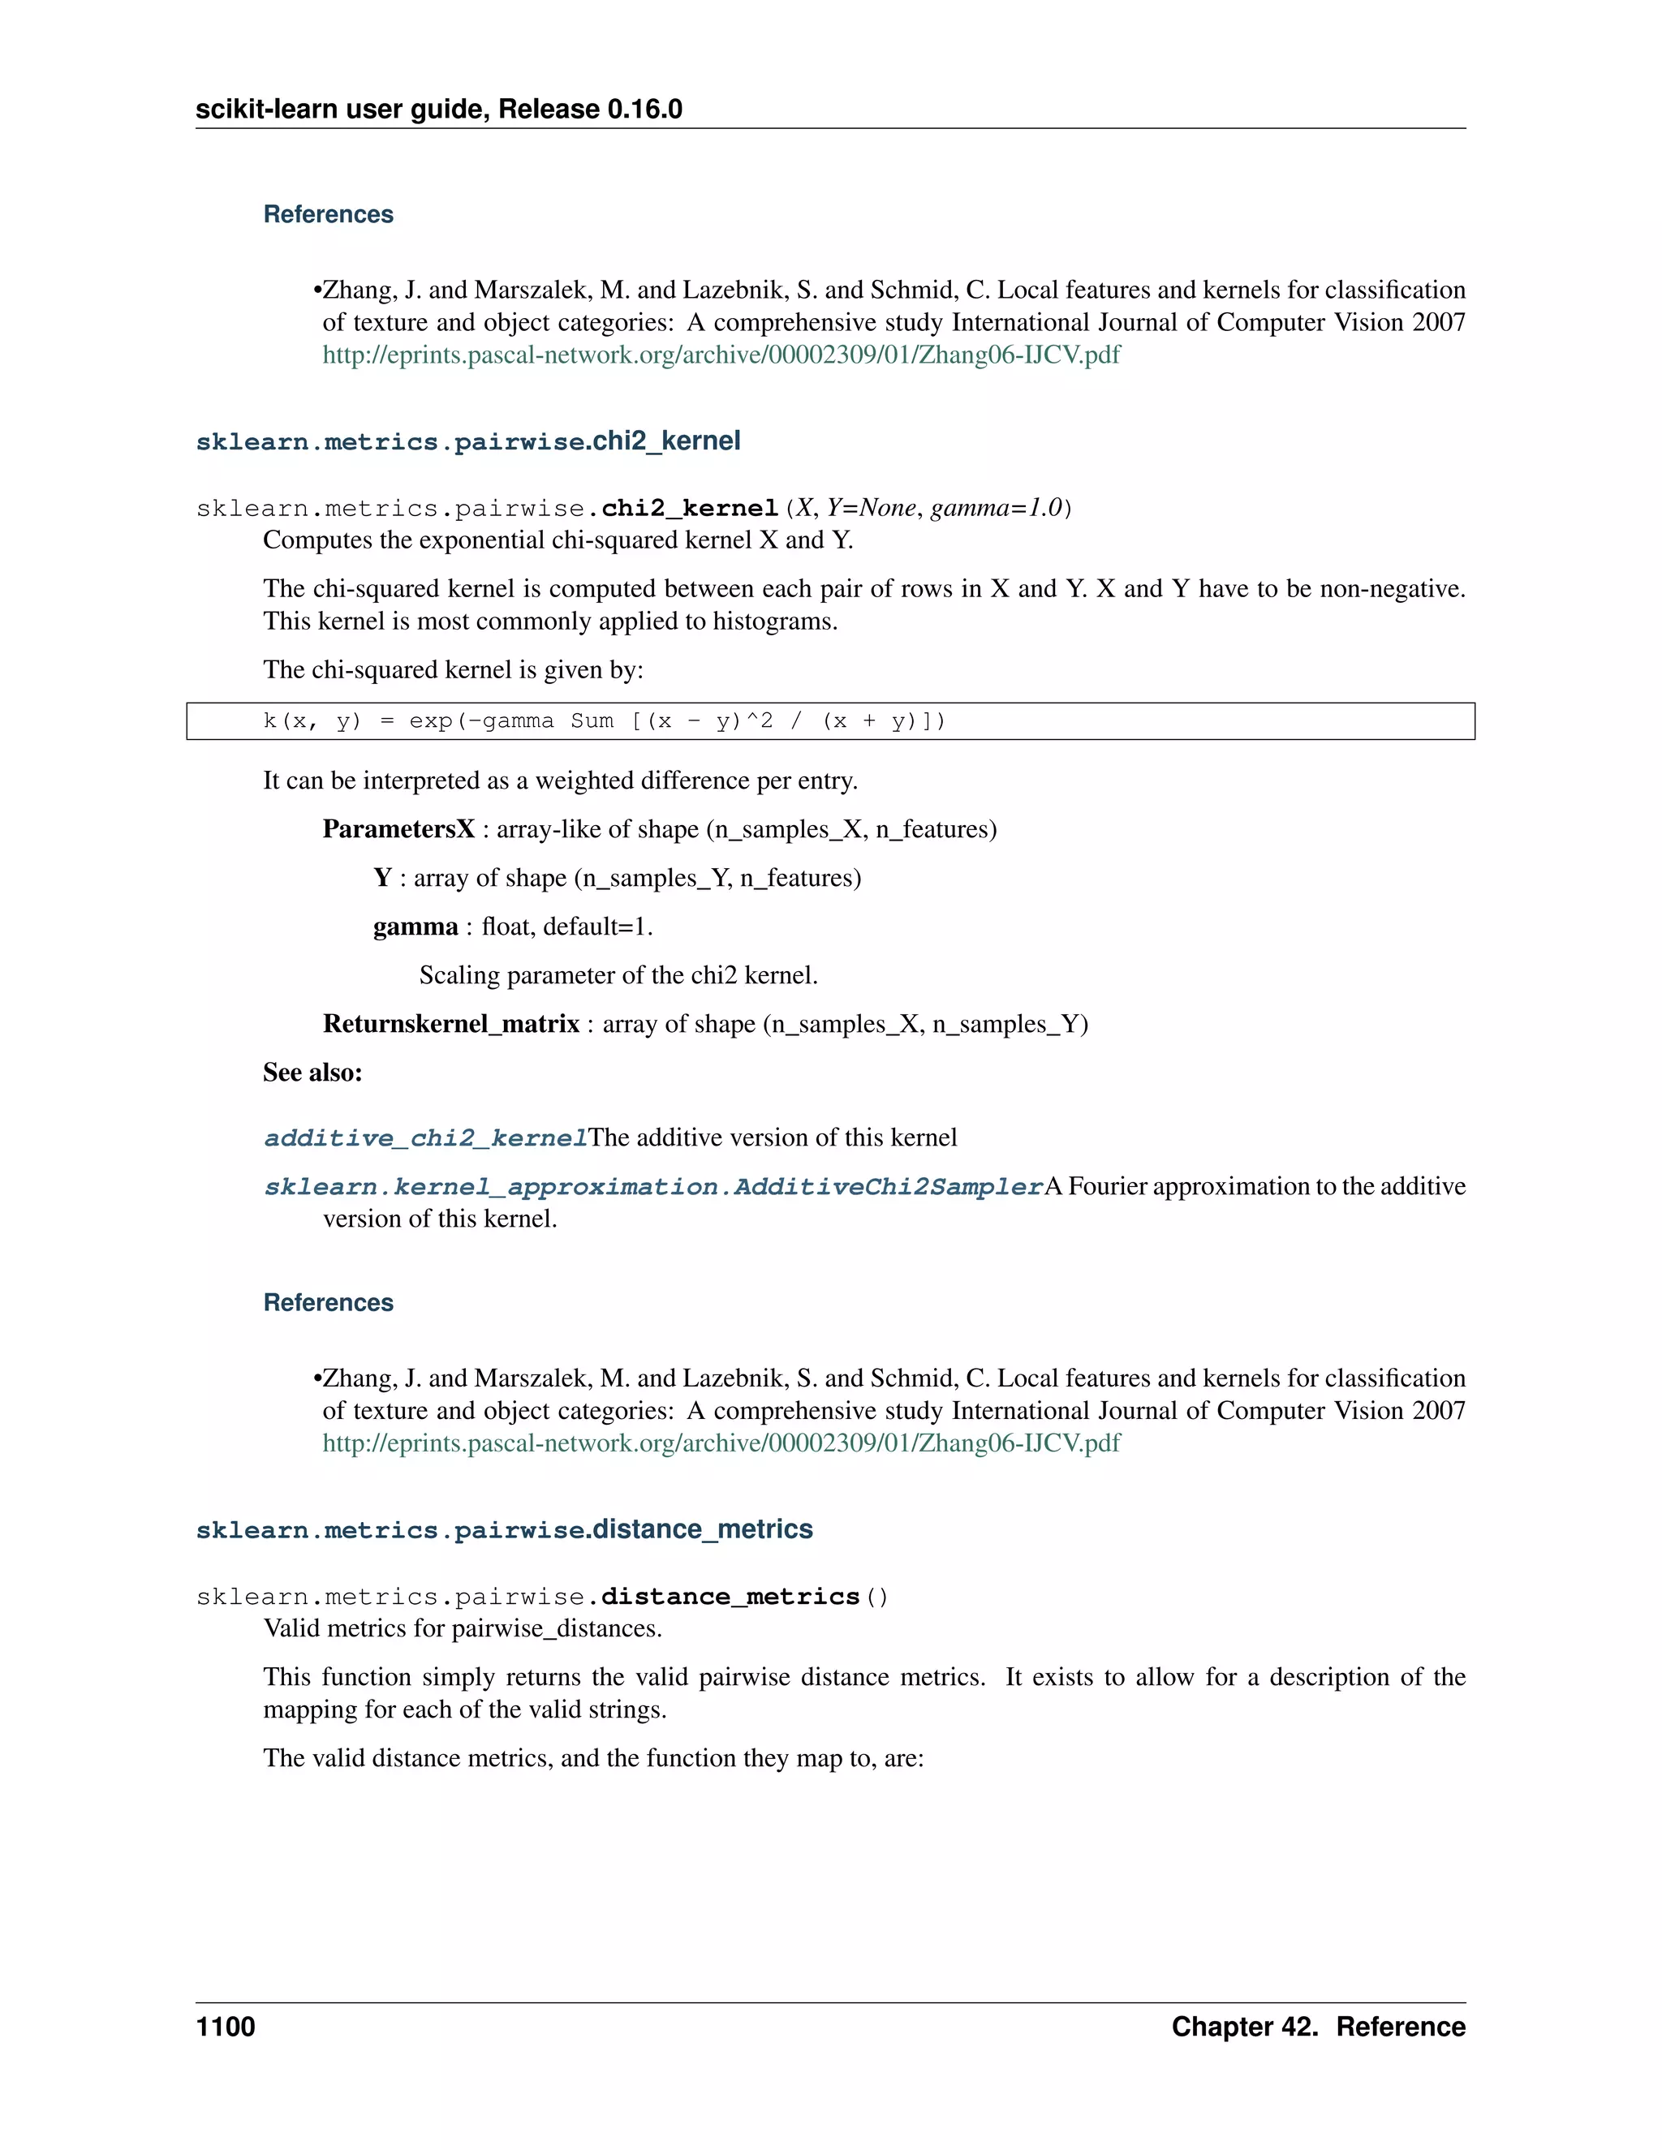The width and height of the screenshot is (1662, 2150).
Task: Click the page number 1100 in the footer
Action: pyautogui.click(x=226, y=2026)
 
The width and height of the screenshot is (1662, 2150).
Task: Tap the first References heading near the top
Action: pyautogui.click(x=328, y=215)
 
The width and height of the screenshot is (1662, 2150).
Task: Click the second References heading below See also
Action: pyautogui.click(x=328, y=1302)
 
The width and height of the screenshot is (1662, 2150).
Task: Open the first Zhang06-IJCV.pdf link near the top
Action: pyautogui.click(x=721, y=355)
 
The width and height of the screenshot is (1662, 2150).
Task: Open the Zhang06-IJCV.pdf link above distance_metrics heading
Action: pyautogui.click(x=721, y=1443)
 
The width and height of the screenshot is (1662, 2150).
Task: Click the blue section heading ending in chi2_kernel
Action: pyautogui.click(x=467, y=441)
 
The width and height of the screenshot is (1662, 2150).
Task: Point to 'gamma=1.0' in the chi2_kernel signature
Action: pyautogui.click(x=997, y=508)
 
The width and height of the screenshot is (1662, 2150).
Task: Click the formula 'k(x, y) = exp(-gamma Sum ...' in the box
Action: pyautogui.click(x=604, y=720)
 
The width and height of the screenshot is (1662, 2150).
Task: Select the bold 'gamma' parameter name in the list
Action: pyautogui.click(x=415, y=927)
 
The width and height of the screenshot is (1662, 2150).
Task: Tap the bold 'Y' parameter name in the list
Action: pyautogui.click(x=383, y=878)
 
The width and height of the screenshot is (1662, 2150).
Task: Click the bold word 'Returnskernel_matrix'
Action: pyautogui.click(x=451, y=1024)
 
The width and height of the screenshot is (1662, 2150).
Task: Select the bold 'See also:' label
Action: pyautogui.click(x=312, y=1073)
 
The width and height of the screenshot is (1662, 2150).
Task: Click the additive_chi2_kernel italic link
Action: pyautogui.click(x=425, y=1138)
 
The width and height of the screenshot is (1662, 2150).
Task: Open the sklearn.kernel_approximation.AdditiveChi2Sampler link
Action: pyautogui.click(x=652, y=1187)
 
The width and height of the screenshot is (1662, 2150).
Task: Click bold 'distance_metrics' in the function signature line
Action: pyautogui.click(x=730, y=1597)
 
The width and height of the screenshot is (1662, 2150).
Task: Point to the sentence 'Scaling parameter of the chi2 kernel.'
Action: pyautogui.click(x=618, y=975)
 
